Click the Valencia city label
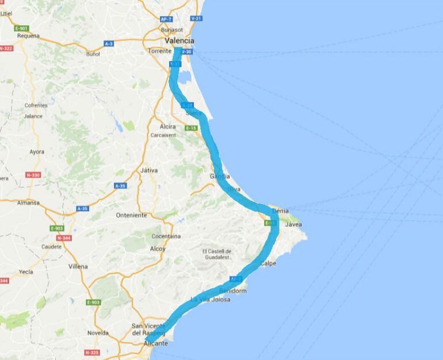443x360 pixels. (179, 41)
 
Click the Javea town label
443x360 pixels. (293, 224)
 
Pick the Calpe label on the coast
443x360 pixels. (268, 263)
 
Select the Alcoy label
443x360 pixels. (156, 249)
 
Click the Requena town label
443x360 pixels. (28, 35)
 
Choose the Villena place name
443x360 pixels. (78, 267)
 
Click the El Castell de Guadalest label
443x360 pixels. (216, 255)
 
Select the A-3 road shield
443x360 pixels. (109, 43)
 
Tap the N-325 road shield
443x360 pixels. (90, 351)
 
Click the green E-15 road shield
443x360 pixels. (192, 128)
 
